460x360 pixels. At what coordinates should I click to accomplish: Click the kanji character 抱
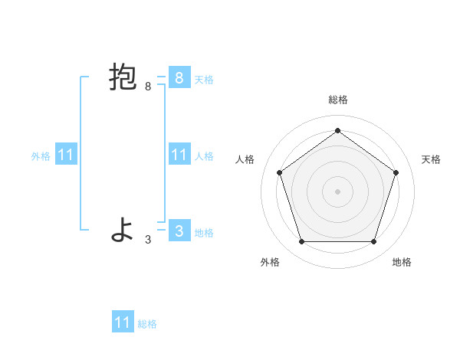click(x=123, y=78)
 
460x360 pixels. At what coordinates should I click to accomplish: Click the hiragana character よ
click(x=123, y=231)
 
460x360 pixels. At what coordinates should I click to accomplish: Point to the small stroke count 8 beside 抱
click(x=148, y=87)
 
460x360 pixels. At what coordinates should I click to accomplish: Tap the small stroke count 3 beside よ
click(x=148, y=240)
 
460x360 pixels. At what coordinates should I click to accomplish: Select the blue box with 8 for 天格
click(x=179, y=78)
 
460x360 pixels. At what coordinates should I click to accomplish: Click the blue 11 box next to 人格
click(x=179, y=155)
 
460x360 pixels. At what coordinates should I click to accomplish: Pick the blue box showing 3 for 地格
click(x=179, y=231)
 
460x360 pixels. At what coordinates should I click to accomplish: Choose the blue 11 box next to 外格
click(x=65, y=155)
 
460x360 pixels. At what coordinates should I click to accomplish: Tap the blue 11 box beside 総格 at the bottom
click(x=123, y=322)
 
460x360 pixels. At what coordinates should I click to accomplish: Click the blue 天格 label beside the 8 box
click(x=204, y=79)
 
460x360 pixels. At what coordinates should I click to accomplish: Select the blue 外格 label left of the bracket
click(x=41, y=156)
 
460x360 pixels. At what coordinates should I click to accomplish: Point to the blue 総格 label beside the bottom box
click(x=147, y=324)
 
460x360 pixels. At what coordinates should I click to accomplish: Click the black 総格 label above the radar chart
click(x=337, y=100)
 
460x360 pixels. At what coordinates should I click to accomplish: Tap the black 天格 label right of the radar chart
click(x=431, y=159)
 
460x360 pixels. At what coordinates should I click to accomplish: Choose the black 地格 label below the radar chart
click(x=402, y=262)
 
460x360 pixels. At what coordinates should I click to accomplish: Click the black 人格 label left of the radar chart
click(x=245, y=159)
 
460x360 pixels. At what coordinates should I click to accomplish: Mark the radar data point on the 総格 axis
click(x=337, y=130)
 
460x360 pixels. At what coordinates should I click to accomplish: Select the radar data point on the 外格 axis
click(x=301, y=242)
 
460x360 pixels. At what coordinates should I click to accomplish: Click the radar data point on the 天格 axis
click(x=396, y=172)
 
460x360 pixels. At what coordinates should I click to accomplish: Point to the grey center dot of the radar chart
click(x=337, y=191)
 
